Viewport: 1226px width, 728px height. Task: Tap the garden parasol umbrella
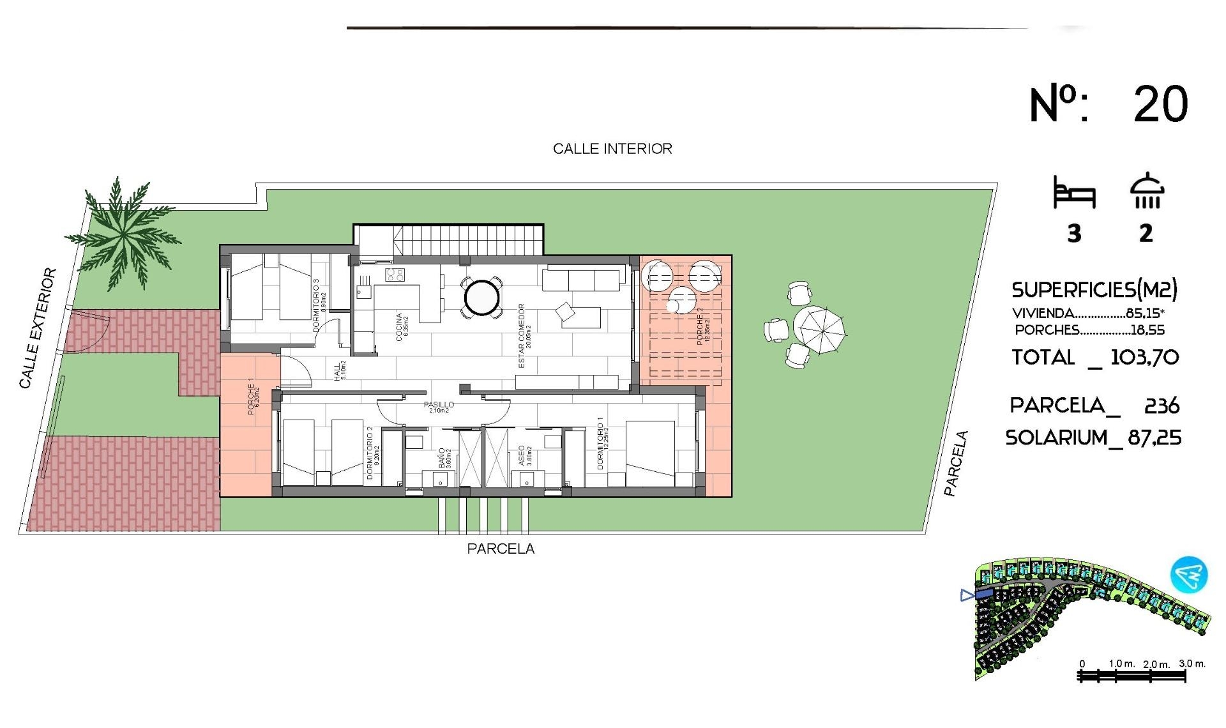click(x=819, y=330)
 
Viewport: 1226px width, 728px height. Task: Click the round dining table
click(x=481, y=297)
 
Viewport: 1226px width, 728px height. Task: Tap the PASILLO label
click(x=439, y=406)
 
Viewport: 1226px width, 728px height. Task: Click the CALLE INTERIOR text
click(x=612, y=149)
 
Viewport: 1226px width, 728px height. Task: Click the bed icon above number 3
click(x=1074, y=193)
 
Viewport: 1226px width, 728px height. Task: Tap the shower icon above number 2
click(x=1147, y=191)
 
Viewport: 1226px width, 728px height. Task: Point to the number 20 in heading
click(x=1160, y=104)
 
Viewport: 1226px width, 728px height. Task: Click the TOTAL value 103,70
click(x=1144, y=357)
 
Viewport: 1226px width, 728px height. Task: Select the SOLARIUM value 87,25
click(x=1154, y=438)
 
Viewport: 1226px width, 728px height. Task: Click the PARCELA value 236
click(x=1162, y=406)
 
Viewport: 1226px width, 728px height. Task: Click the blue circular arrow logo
click(x=1189, y=574)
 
